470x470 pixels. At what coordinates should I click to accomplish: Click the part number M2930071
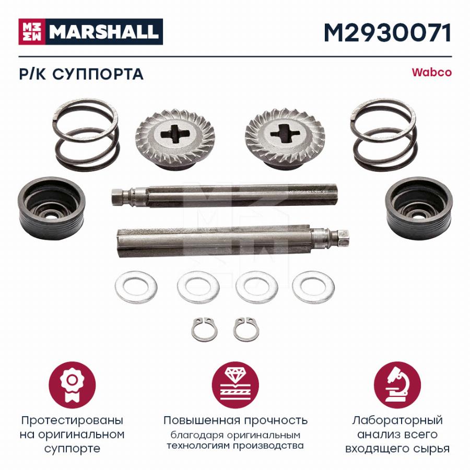pos(387,33)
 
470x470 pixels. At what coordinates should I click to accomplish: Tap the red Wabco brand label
pos(431,73)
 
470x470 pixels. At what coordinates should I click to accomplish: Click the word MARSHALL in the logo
pos(104,32)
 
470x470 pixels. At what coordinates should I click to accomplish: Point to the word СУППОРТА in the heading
pos(98,74)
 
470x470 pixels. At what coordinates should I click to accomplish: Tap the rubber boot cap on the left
pos(52,208)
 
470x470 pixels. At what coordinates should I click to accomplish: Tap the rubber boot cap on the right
pos(419,208)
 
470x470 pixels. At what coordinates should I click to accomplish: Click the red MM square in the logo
pos(32,32)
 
